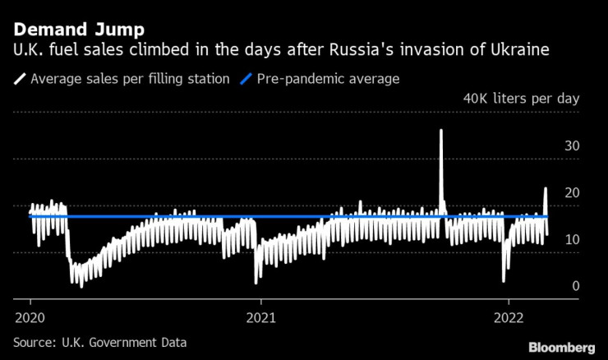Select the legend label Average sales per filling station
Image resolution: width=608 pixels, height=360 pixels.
click(x=129, y=80)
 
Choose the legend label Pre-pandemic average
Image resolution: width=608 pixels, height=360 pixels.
click(x=329, y=80)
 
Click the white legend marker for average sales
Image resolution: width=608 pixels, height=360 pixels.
click(x=19, y=80)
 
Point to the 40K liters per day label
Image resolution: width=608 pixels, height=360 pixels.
click(x=522, y=99)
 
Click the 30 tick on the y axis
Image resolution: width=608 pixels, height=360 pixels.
click(x=573, y=146)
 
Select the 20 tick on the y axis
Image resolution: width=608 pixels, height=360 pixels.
click(x=573, y=193)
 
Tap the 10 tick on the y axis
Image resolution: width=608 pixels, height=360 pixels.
click(x=573, y=240)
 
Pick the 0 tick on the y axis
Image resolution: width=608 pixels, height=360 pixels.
click(x=576, y=286)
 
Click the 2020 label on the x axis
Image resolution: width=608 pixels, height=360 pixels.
click(x=30, y=316)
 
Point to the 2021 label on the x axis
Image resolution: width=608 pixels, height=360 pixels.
click(x=260, y=316)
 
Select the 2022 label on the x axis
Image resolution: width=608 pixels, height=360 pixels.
click(x=509, y=316)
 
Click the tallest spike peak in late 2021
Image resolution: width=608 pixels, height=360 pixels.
click(x=441, y=131)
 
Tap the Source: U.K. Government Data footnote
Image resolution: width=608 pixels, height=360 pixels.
click(x=99, y=341)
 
